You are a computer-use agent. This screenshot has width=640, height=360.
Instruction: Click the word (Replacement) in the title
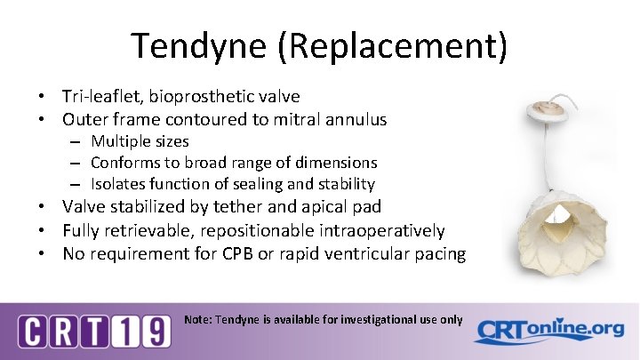[x=393, y=45]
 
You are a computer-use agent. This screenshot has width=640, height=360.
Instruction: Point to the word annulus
[x=356, y=118]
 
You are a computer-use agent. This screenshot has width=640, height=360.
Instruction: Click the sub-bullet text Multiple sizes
[x=140, y=141]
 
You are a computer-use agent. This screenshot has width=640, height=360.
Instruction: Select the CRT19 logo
[x=94, y=332]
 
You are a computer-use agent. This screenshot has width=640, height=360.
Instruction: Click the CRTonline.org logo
[x=548, y=331]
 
